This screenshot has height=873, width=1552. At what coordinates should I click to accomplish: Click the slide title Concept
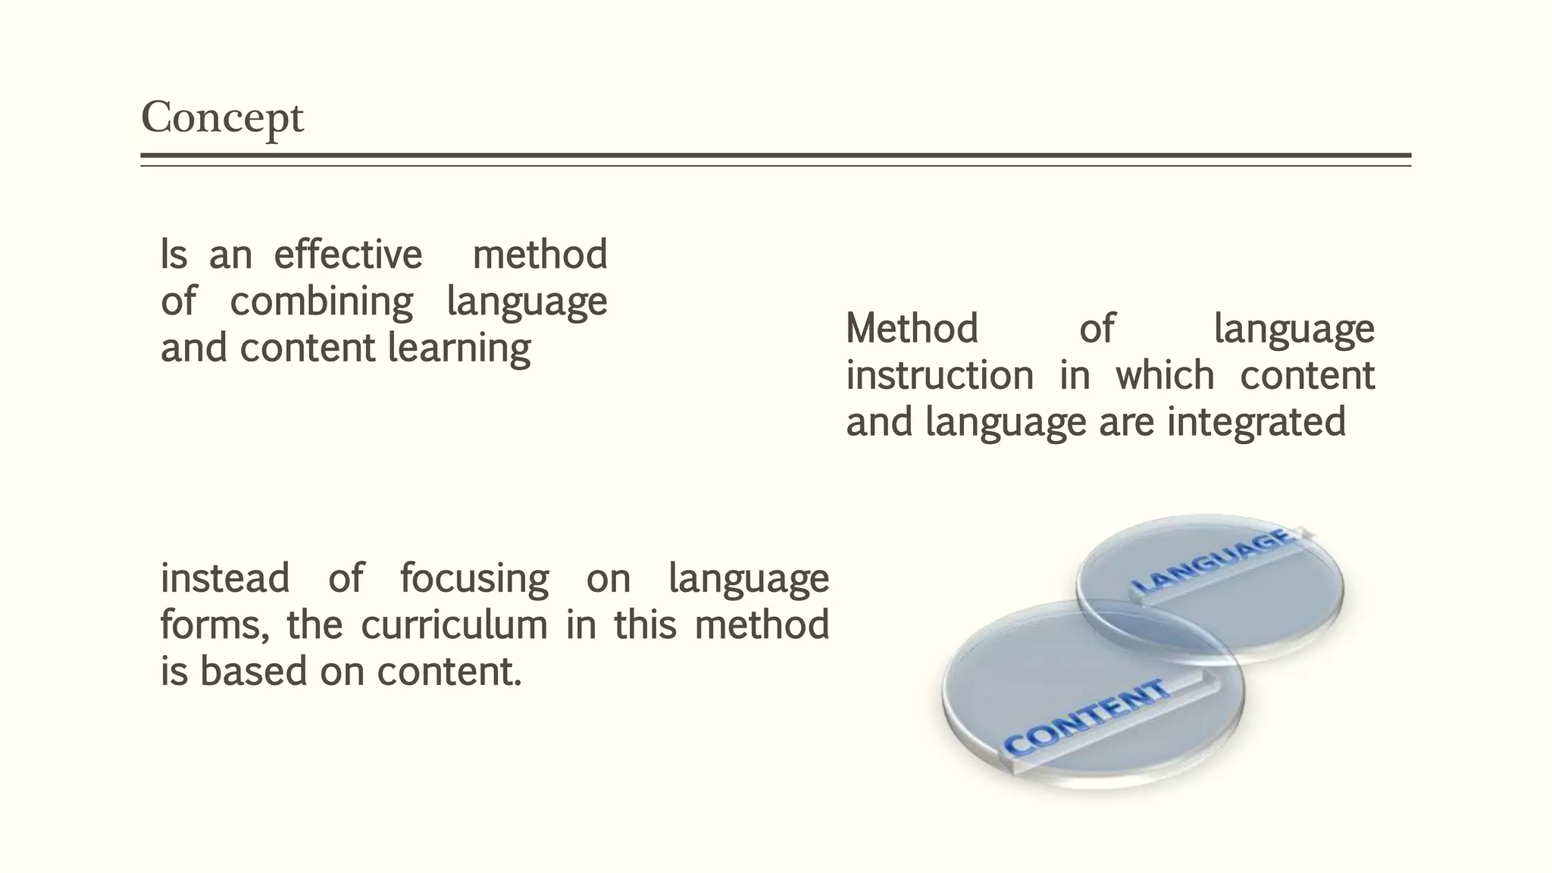(x=222, y=118)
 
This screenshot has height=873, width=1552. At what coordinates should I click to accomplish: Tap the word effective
(x=348, y=255)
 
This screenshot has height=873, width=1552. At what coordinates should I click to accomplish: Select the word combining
(x=321, y=302)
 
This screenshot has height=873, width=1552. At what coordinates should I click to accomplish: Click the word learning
(x=459, y=349)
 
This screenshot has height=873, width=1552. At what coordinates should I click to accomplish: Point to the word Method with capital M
(x=912, y=329)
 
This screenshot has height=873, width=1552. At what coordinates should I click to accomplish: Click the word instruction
(x=940, y=376)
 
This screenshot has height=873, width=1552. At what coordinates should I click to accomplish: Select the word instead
(x=225, y=578)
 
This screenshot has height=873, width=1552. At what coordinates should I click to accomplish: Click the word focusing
(x=474, y=578)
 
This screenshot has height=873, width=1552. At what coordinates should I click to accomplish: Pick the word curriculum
(x=454, y=626)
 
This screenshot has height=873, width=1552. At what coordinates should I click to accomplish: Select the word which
(x=1165, y=376)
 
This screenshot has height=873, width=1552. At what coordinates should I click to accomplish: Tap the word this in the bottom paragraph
(x=645, y=626)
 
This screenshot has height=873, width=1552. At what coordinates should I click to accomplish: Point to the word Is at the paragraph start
(x=174, y=255)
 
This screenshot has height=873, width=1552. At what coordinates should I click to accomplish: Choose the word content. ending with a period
(x=449, y=672)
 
